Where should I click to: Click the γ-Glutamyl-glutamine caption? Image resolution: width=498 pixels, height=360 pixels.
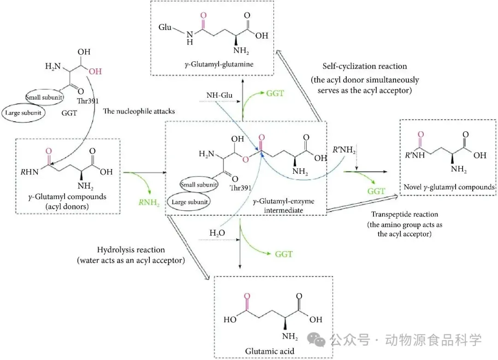219,65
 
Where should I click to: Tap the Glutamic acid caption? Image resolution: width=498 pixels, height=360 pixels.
270,351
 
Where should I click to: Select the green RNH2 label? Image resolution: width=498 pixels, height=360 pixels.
149,202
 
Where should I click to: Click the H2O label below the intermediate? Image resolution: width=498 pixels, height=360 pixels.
217,233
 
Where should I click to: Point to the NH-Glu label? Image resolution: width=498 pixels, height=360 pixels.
219,95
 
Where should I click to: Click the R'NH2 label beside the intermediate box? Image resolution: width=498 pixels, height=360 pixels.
344,150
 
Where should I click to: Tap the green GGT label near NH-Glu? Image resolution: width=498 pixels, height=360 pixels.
275,93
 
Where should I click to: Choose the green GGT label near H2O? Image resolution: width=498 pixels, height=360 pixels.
284,254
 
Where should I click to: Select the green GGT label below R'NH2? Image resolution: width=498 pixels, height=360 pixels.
376,191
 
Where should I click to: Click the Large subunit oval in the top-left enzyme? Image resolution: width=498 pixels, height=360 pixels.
23,113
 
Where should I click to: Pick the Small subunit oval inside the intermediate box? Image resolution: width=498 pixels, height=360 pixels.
199,185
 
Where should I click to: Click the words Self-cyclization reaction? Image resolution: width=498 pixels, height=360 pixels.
365,66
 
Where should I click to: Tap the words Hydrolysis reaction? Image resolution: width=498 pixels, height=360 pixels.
131,250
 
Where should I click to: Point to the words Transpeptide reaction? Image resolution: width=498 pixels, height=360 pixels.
405,214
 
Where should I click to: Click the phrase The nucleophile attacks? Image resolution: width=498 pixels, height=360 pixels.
139,111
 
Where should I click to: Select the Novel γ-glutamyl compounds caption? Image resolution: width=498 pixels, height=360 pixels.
449,187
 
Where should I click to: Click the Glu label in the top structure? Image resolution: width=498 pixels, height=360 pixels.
165,27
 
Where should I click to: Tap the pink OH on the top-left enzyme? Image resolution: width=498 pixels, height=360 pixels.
95,71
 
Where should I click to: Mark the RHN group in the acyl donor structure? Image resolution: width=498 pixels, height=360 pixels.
30,172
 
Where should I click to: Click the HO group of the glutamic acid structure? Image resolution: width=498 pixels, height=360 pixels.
230,319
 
